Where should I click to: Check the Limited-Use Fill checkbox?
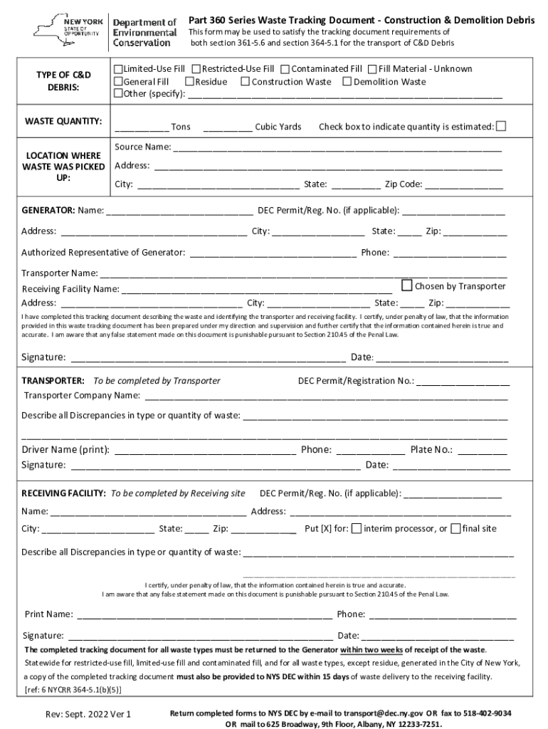[119, 69]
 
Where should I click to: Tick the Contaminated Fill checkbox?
[285, 69]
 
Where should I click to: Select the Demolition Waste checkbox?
[347, 82]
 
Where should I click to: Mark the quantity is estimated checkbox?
[501, 126]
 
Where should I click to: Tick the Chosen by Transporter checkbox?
[407, 285]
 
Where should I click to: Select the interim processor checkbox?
[357, 528]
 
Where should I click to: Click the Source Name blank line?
[337, 148]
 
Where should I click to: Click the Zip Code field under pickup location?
[464, 185]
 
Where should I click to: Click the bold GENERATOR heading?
[48, 211]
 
